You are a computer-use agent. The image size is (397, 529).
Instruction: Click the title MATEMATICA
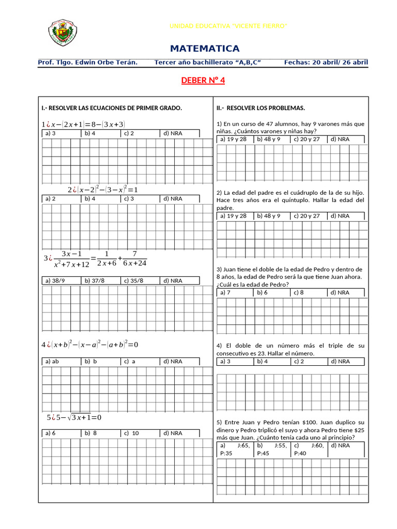point(205,49)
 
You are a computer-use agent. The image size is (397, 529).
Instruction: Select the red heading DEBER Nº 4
point(203,80)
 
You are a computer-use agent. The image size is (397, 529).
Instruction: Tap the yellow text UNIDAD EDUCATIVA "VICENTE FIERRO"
point(228,26)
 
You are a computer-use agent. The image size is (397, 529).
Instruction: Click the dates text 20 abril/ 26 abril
point(340,63)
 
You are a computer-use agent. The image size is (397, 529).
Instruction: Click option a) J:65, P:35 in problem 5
point(234,449)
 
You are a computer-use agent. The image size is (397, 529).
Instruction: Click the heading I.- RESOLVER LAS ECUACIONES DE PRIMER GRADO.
point(112,108)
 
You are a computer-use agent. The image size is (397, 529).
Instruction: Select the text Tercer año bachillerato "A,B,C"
point(207,63)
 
